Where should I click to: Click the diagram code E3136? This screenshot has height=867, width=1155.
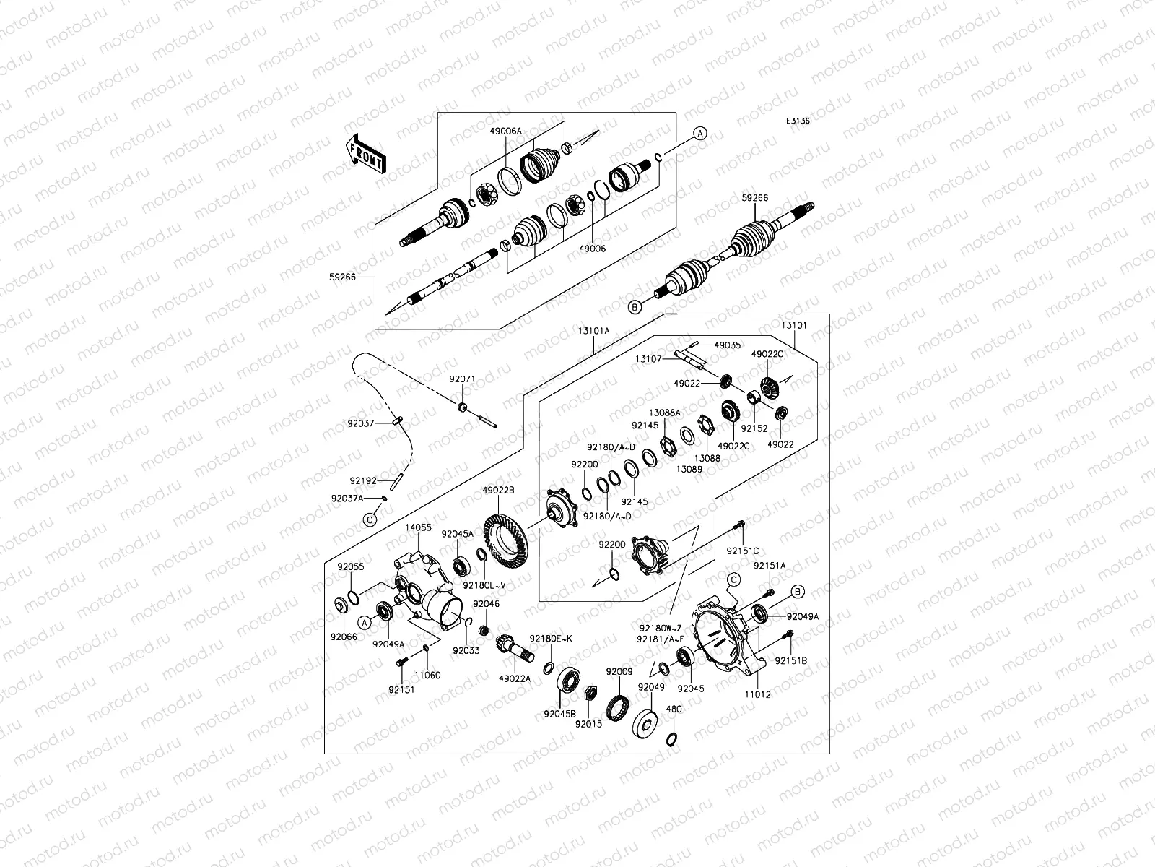[798, 121]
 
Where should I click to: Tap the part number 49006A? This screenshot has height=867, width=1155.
[505, 131]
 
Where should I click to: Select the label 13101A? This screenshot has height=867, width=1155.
[593, 330]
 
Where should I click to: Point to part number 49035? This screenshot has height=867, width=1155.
[727, 346]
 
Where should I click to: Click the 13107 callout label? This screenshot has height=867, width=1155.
[649, 358]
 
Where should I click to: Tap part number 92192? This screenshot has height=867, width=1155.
[363, 480]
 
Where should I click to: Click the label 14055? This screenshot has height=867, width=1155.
[419, 528]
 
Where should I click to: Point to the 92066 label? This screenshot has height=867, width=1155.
[344, 637]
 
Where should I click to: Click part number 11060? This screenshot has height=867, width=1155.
[427, 675]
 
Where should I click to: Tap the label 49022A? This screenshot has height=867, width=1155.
[515, 678]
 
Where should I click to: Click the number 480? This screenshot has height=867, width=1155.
[674, 709]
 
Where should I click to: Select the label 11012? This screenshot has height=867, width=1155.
[758, 694]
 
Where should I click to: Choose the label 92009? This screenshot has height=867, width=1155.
[619, 671]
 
